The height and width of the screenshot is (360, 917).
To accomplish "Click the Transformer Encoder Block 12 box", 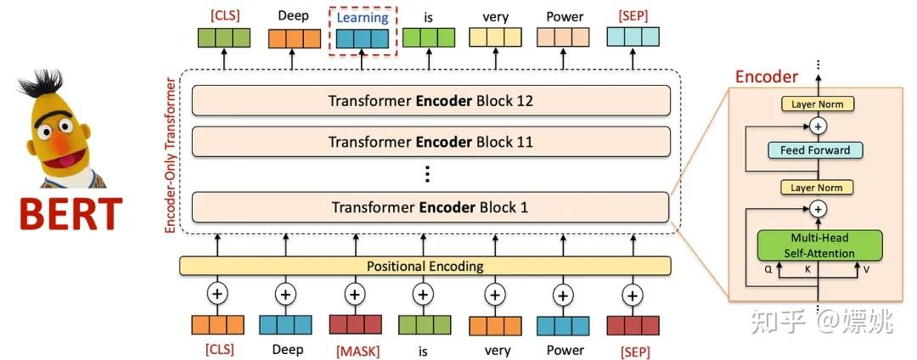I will click(430, 101).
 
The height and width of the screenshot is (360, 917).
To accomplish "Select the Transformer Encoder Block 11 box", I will click(430, 142).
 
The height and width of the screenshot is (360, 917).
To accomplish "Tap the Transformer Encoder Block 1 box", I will click(430, 206).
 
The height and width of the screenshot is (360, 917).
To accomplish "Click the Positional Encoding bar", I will click(425, 266).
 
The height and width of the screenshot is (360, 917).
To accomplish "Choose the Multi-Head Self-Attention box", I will click(820, 245).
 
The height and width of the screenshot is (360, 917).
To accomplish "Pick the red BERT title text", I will click(70, 214).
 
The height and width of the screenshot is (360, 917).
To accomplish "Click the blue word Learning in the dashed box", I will click(363, 17).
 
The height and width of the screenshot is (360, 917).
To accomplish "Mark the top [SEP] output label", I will click(633, 17).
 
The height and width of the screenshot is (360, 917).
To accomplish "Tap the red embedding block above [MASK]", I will click(355, 324).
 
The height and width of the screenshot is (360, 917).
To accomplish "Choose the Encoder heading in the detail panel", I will click(766, 76).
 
